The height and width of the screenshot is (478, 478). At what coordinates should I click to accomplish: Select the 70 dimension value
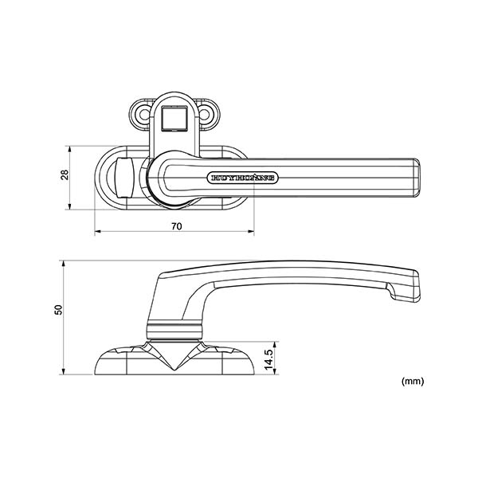[176, 226]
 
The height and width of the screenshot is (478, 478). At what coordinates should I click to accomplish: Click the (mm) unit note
[413, 382]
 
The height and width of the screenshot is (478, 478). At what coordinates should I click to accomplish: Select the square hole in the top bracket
[173, 119]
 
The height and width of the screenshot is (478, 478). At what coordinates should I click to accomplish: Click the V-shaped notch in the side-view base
[174, 362]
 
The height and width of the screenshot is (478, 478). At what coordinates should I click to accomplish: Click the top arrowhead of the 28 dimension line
[71, 148]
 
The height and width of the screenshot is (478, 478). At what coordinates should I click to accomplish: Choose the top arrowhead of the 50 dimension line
[65, 263]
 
